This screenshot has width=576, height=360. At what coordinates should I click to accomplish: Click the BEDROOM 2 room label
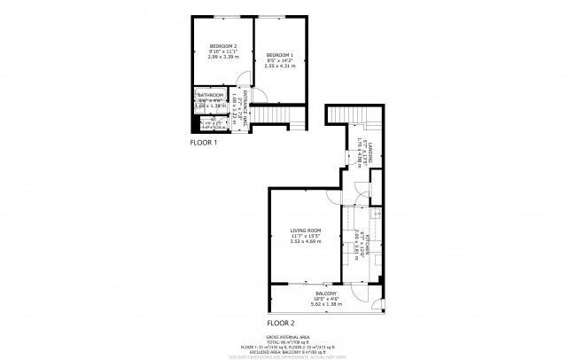click(x=222, y=45)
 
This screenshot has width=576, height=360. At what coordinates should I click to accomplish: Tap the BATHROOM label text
click(x=210, y=95)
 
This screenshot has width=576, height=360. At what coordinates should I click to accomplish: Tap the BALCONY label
click(x=327, y=294)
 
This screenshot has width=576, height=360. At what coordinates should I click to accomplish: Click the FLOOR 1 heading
click(x=204, y=142)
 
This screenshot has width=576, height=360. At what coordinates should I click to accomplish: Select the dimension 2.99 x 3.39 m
click(x=222, y=57)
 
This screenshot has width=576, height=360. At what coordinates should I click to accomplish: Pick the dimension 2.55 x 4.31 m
click(x=279, y=66)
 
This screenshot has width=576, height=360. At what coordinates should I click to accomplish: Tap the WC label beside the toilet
click(x=209, y=122)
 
